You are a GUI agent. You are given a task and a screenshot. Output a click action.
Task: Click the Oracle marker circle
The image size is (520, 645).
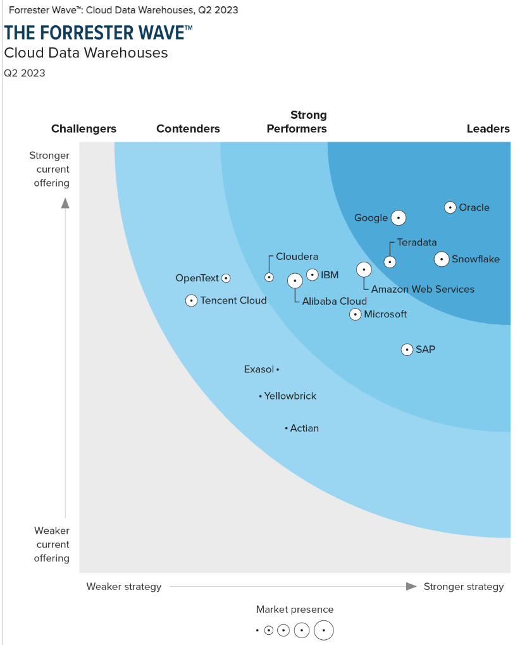point(450,207)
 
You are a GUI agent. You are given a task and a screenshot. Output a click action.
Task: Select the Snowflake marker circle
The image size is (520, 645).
point(442,259)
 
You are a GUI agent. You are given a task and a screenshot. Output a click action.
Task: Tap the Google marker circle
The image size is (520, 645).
point(398,218)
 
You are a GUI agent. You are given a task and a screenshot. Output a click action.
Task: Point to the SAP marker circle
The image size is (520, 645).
point(407,349)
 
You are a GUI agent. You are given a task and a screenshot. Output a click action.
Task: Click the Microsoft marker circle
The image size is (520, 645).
point(356,314)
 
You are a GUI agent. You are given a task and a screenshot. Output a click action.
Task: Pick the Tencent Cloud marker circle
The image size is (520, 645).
point(191,300)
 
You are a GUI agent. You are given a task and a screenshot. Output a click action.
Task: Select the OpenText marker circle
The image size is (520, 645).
point(226,278)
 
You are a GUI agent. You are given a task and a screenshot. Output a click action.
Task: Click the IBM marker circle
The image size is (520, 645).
point(313,274)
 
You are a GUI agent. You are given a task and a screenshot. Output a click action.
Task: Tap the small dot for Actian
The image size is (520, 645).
point(286,429)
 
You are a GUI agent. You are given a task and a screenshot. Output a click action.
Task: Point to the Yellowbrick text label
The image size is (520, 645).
point(290,396)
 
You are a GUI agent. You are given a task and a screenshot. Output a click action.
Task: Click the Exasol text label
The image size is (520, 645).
point(259,369)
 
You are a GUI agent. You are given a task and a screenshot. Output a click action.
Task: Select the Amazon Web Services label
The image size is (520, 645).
point(423,289)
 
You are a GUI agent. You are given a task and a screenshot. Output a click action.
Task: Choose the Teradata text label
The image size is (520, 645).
point(417,242)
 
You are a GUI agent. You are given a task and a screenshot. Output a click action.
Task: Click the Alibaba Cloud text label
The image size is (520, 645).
point(334,301)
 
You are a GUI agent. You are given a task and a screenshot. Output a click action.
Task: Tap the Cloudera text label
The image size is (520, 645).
point(297,257)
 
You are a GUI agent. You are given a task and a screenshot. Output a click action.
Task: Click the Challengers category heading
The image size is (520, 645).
point(84,129)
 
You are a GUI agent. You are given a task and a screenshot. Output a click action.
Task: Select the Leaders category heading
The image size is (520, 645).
point(488,129)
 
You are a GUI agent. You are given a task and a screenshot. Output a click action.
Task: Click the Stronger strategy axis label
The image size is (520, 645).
point(464,587)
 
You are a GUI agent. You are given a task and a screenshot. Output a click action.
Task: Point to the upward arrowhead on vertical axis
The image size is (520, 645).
point(65,202)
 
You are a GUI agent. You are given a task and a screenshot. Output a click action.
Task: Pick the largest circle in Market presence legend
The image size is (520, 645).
point(324,630)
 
